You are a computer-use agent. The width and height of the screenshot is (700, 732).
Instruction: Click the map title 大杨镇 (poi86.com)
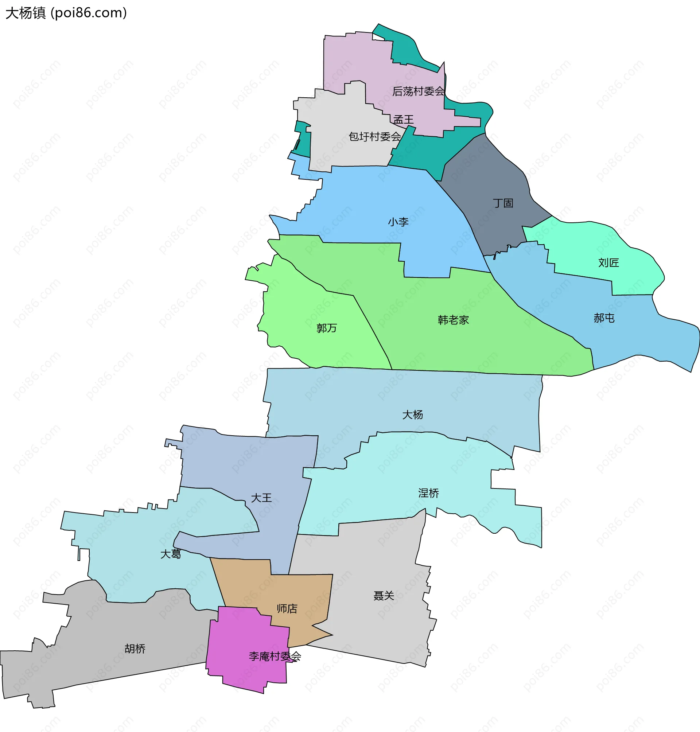click(x=66, y=13)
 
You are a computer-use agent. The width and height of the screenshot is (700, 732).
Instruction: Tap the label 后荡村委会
click(x=418, y=91)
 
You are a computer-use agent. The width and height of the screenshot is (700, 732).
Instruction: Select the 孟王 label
click(x=403, y=120)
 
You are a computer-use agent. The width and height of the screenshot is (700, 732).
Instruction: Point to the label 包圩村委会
click(x=374, y=137)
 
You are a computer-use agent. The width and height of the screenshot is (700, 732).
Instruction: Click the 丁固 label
click(x=503, y=203)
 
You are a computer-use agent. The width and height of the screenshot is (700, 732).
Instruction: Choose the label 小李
click(x=398, y=222)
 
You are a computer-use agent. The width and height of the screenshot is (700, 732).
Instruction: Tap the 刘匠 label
click(x=608, y=263)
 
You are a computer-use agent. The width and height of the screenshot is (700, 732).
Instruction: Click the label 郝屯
click(x=604, y=318)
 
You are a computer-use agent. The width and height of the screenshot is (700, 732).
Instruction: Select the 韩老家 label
click(x=453, y=320)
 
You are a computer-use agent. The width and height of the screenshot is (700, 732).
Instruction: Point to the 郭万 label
click(x=327, y=328)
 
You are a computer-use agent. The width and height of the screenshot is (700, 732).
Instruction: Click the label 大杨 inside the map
click(x=412, y=414)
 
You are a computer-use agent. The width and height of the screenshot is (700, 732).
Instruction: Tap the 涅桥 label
click(x=428, y=493)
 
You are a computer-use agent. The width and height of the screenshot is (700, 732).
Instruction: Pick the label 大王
click(x=261, y=498)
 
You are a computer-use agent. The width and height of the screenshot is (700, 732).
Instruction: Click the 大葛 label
click(x=171, y=554)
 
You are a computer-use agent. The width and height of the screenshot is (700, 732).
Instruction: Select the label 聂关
click(x=384, y=595)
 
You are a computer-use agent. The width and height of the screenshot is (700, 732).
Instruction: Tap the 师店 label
click(x=287, y=608)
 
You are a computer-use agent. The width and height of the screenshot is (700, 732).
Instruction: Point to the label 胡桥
click(x=135, y=649)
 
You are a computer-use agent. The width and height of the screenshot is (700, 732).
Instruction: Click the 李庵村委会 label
click(x=275, y=656)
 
